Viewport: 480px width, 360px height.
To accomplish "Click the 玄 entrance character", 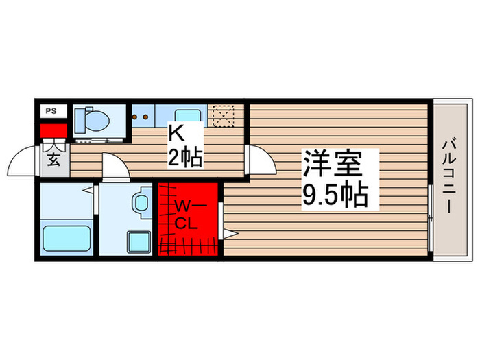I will [x=53, y=160].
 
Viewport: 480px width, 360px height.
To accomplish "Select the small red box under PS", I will [x=52, y=130].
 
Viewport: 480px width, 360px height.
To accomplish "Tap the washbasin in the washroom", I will [x=142, y=202].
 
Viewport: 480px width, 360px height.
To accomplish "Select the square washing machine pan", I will [x=139, y=241].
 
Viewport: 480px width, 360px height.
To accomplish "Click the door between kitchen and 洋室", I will [x=259, y=160].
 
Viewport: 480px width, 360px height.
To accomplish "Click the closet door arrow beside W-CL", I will [x=228, y=234].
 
